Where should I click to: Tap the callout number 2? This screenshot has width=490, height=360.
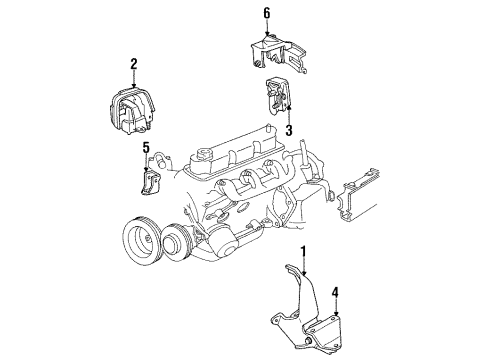pyautogui.click(x=132, y=65)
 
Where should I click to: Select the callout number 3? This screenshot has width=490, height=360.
pyautogui.click(x=288, y=130)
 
